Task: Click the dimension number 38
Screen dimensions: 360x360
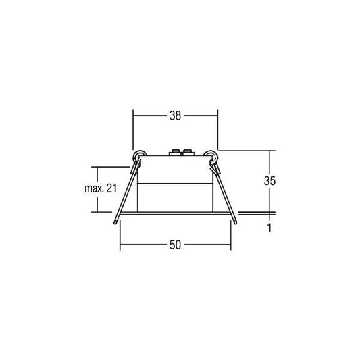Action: (175, 115)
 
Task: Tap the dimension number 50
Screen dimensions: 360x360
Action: (175, 245)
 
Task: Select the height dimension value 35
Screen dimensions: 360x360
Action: (269, 181)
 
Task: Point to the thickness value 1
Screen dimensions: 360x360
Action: (269, 228)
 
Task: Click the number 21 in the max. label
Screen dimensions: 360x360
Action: (111, 188)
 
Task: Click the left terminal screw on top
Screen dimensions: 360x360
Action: (175, 153)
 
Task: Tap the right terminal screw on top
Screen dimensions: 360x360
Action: (188, 153)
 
